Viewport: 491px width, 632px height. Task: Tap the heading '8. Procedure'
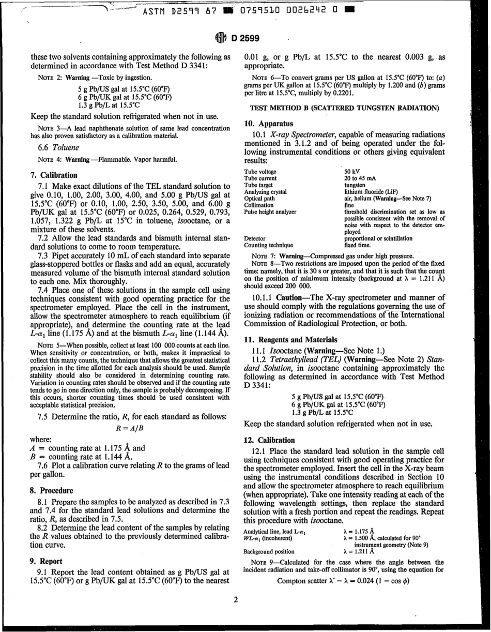[52, 490]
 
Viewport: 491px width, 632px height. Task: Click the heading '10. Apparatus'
[268, 124]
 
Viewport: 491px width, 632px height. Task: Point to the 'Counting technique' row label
[268, 245]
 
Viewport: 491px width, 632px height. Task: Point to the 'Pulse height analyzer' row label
[270, 212]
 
